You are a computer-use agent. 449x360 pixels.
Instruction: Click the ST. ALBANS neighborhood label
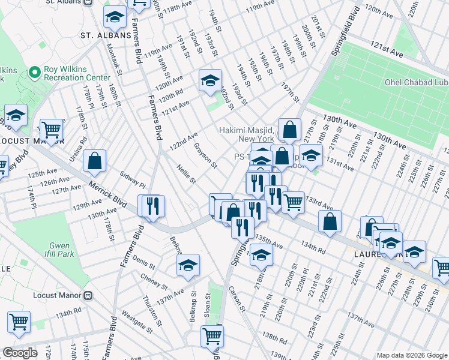[106, 35]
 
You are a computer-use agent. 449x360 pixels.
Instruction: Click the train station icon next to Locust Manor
[88, 295]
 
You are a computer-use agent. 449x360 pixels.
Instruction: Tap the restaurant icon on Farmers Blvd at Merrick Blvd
[152, 206]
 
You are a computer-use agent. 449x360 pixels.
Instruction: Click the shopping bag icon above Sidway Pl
[95, 161]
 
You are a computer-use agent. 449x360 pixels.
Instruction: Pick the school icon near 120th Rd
[210, 80]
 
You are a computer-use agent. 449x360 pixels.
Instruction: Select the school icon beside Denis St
[188, 265]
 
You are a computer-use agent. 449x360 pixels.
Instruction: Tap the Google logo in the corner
[20, 353]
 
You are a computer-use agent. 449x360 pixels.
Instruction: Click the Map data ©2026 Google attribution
[411, 355]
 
